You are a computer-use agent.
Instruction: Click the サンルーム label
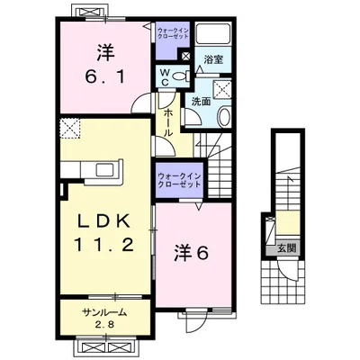(103, 311)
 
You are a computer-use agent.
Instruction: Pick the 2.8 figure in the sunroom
(103, 324)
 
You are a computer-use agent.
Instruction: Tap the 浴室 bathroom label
(213, 60)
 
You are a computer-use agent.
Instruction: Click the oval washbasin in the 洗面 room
(225, 114)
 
